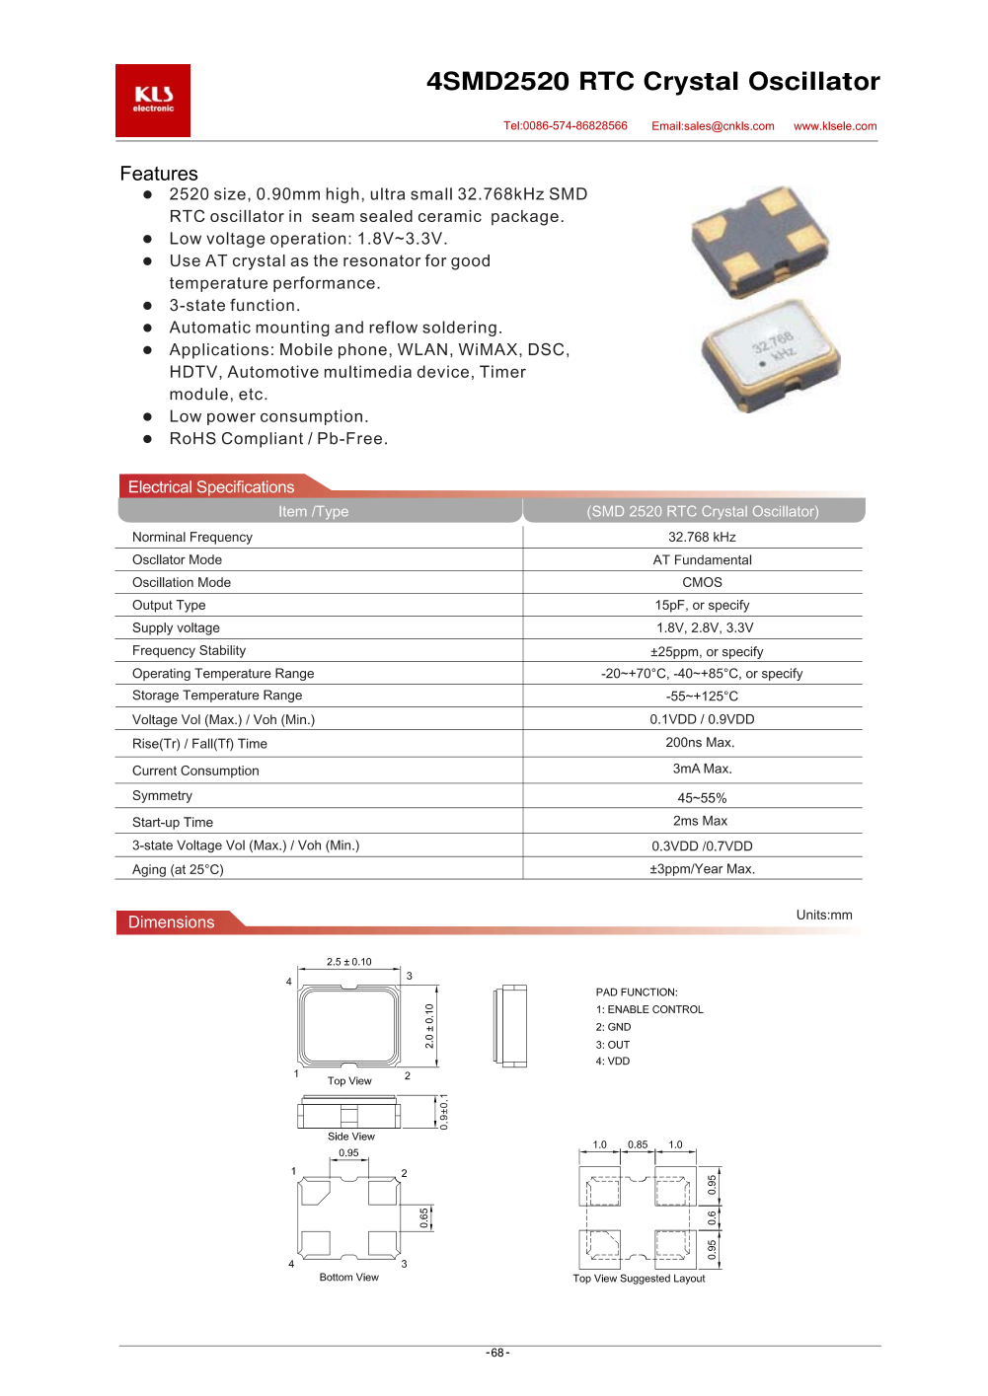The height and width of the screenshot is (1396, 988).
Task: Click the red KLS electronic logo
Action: pyautogui.click(x=153, y=101)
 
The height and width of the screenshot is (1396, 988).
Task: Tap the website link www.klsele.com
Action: pyautogui.click(x=835, y=126)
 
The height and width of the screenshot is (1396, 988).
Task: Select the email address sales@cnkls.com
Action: pyautogui.click(x=713, y=126)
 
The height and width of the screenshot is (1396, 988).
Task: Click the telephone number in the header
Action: pyautogui.click(x=565, y=126)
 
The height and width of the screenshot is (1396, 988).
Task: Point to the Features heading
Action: pyautogui.click(x=159, y=174)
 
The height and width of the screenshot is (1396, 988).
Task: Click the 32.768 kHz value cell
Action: pyautogui.click(x=702, y=537)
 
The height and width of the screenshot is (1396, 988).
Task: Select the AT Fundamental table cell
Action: pyautogui.click(x=702, y=559)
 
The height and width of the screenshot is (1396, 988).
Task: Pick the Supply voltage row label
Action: pyautogui.click(x=176, y=627)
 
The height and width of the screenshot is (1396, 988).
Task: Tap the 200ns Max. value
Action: pyautogui.click(x=700, y=742)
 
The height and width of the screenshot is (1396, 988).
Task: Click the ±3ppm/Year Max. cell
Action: pyautogui.click(x=702, y=868)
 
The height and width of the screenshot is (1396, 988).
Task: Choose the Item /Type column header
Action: pyautogui.click(x=313, y=511)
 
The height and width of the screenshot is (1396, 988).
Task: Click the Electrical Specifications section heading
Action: pyautogui.click(x=211, y=487)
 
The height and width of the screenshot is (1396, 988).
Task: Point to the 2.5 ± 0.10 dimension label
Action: pyautogui.click(x=349, y=962)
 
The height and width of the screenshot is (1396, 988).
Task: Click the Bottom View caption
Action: pyautogui.click(x=348, y=1277)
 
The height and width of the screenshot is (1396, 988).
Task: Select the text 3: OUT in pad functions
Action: pyautogui.click(x=613, y=1045)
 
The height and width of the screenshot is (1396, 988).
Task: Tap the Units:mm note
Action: pyautogui.click(x=824, y=915)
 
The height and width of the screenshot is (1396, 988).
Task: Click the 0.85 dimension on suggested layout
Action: pyautogui.click(x=638, y=1145)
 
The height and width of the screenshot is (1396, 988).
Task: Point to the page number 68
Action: pyautogui.click(x=497, y=1353)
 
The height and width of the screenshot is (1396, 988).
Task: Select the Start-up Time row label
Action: pyautogui.click(x=173, y=822)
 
